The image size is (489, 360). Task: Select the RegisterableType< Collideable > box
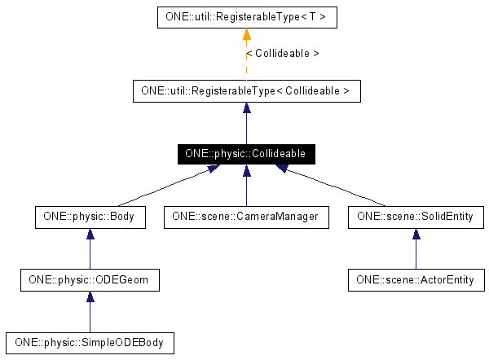pos(246,91)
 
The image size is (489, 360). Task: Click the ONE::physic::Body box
pos(90,217)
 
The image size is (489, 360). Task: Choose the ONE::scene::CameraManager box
pos(246,217)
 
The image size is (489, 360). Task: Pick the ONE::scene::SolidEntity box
pos(416,217)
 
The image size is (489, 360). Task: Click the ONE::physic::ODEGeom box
pos(90,280)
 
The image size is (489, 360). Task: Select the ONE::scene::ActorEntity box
pos(416,280)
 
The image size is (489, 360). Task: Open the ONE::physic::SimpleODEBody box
pos(90,342)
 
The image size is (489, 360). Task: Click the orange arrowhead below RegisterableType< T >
pos(246,34)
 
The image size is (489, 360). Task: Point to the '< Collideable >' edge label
pos(282,54)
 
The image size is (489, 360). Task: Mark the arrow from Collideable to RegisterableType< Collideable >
pos(246,122)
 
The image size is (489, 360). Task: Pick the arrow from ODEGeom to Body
pos(90,248)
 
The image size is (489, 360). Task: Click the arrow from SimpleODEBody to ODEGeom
pos(90,311)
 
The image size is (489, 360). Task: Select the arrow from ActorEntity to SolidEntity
pos(416,248)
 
